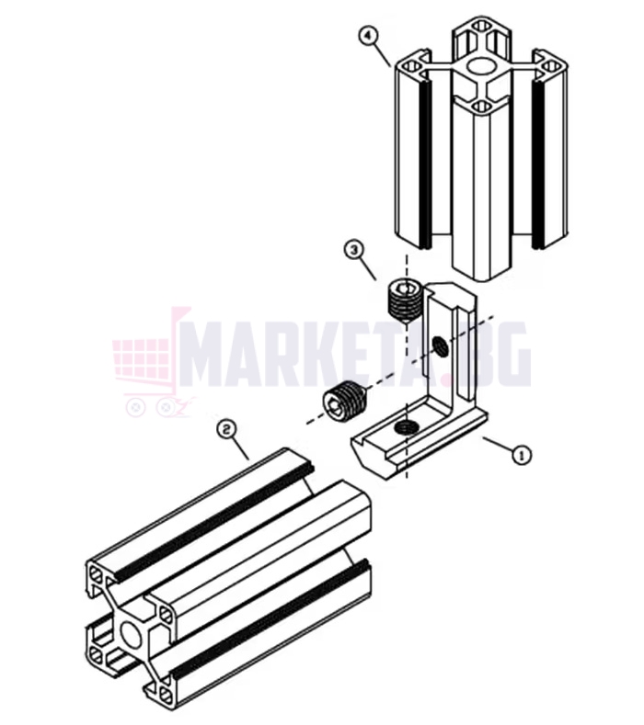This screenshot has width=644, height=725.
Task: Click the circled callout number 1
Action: point(522,456)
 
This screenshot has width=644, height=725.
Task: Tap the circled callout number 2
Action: point(226,430)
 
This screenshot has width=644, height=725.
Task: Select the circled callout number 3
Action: point(354,250)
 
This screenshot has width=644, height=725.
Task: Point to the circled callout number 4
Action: point(369,37)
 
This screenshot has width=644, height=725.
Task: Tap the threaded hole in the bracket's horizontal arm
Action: point(405,427)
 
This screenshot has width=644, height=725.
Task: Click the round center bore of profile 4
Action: point(479,66)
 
